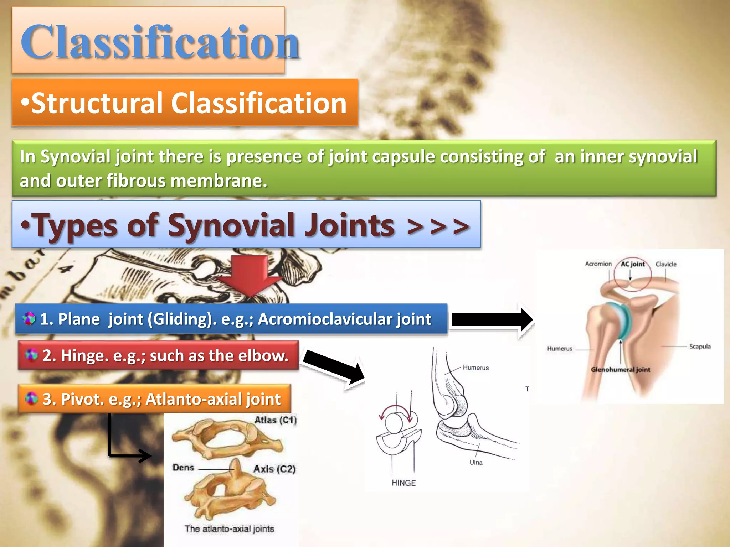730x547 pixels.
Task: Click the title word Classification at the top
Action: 160,42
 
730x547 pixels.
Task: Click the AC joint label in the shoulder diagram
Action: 633,264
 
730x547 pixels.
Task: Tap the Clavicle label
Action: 666,264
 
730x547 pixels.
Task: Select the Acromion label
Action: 598,264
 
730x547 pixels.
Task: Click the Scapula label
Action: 700,347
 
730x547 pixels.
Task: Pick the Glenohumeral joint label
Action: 621,370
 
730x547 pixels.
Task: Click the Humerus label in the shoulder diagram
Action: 560,349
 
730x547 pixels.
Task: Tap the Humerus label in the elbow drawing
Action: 476,368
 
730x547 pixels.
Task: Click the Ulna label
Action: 476,462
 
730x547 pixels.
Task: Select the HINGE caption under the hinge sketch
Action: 403,483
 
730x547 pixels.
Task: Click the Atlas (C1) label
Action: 275,420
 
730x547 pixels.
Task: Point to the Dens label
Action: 183,468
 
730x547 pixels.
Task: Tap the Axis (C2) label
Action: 274,469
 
